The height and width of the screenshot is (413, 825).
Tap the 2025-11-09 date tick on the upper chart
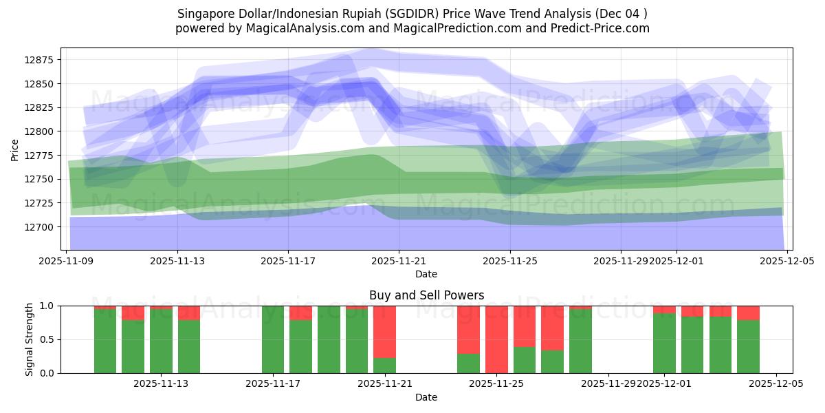67,261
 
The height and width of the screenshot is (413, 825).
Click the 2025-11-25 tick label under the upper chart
510,261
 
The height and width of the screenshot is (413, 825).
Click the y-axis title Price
15,149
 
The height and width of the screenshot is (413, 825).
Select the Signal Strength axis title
30,339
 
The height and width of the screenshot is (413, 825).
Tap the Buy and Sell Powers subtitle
426,295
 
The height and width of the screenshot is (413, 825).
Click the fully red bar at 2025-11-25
496,339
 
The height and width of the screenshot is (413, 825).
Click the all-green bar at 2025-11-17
273,339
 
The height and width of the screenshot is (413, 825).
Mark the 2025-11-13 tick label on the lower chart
161,384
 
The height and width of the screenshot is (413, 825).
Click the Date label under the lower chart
426,397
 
